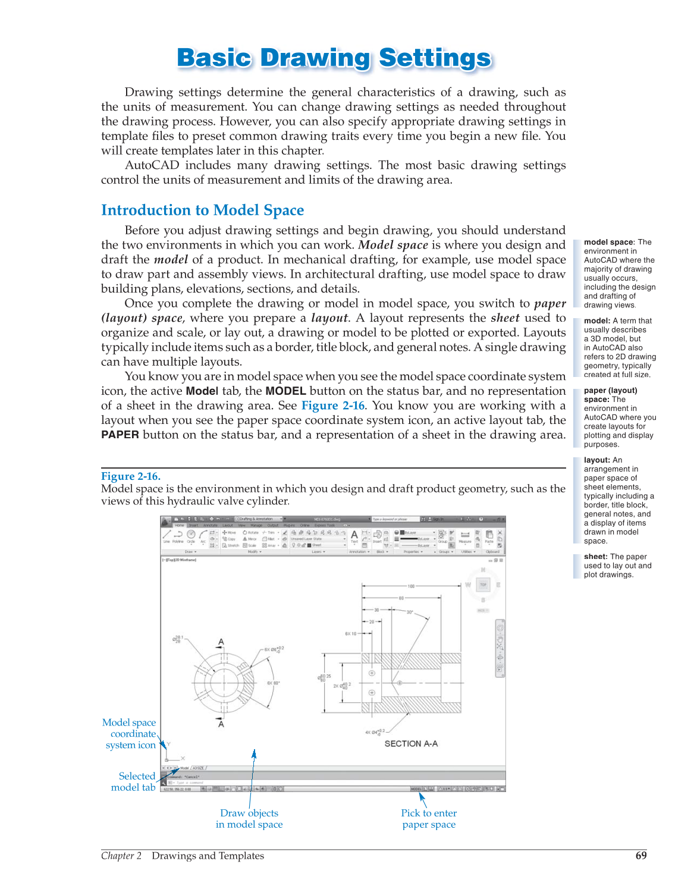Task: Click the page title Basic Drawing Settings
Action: click(x=334, y=58)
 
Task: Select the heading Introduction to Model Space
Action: click(x=202, y=210)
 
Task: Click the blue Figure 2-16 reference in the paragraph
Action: click(x=332, y=406)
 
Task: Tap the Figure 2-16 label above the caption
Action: click(x=130, y=476)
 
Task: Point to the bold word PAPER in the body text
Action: click(x=120, y=435)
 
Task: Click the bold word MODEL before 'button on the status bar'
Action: click(x=285, y=391)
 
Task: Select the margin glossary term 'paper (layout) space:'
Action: click(x=610, y=395)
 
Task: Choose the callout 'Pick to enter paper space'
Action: click(x=429, y=819)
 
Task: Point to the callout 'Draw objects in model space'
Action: click(x=249, y=819)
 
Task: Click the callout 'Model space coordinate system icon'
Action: click(x=130, y=734)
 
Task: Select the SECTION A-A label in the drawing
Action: click(x=411, y=744)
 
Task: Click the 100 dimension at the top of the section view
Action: click(x=411, y=586)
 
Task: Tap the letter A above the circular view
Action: click(x=221, y=642)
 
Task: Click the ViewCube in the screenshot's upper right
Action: click(x=483, y=586)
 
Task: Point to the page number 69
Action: click(x=641, y=856)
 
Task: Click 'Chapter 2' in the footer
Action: click(x=121, y=856)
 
